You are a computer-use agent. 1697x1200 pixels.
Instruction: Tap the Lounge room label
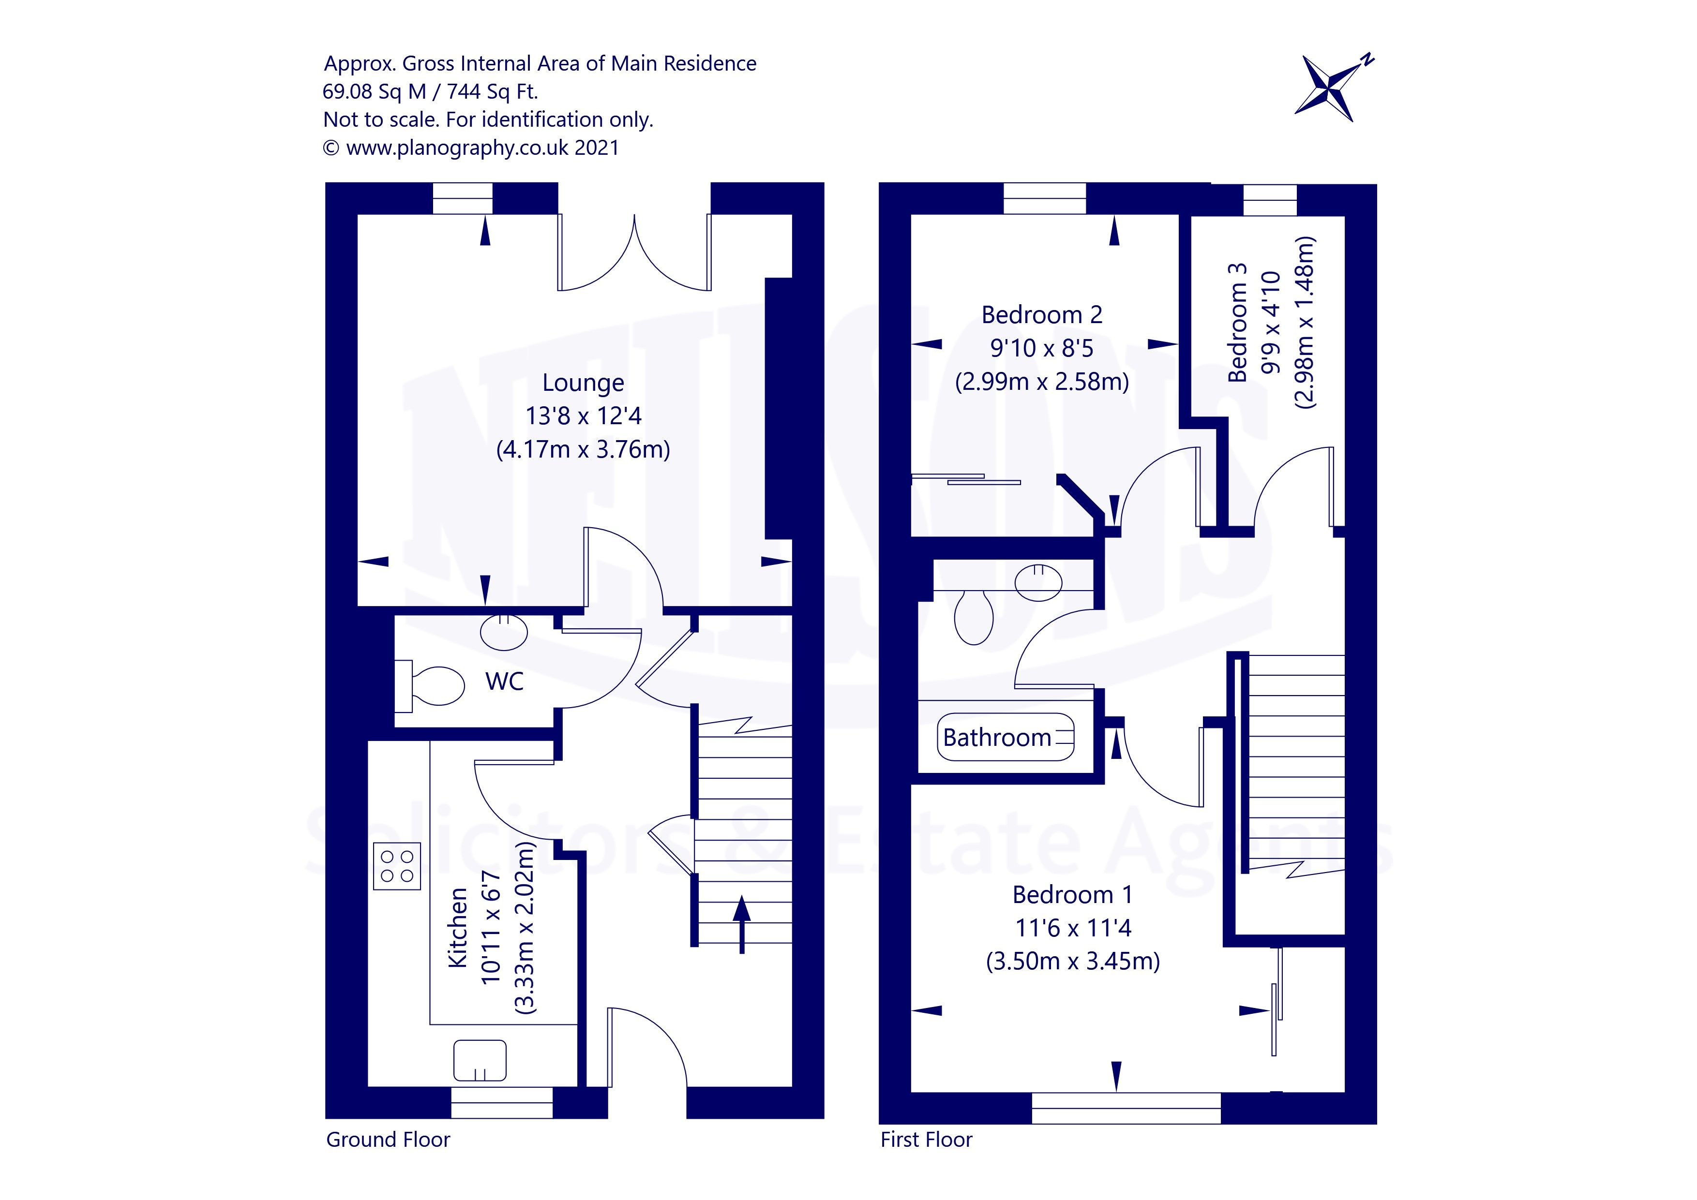click(583, 383)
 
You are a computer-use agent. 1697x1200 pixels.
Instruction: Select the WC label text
click(504, 681)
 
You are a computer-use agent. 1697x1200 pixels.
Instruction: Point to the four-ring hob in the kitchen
click(397, 865)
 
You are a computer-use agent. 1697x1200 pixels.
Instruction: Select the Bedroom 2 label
click(1041, 315)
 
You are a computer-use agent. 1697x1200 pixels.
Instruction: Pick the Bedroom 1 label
click(1072, 895)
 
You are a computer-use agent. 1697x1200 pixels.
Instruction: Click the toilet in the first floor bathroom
click(974, 617)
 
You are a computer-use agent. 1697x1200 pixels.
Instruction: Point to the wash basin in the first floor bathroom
click(1039, 581)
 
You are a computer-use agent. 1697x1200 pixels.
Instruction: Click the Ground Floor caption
click(388, 1140)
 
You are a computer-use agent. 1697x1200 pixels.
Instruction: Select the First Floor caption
click(926, 1140)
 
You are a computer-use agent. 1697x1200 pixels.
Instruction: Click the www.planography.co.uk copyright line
click(471, 148)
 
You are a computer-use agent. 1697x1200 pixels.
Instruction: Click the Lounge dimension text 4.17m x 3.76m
click(583, 449)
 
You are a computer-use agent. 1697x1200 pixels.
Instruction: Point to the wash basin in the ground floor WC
click(504, 633)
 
